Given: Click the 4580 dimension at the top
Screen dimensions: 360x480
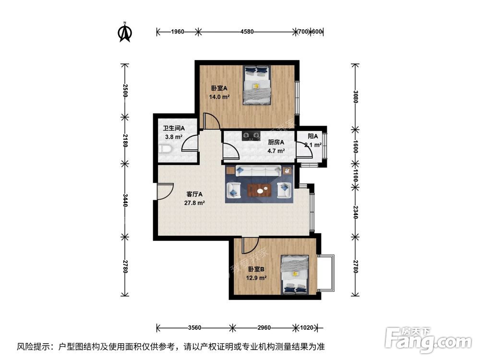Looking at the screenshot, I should coord(247,32).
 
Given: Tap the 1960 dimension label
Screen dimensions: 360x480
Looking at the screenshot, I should coord(178,32).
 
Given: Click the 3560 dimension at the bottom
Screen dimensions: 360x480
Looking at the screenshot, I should coord(194,328).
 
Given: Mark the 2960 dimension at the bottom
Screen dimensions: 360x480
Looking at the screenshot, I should coord(264,328).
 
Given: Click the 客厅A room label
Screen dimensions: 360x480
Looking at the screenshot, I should coord(194,194).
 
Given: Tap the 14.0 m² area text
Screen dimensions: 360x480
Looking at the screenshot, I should coord(218,96).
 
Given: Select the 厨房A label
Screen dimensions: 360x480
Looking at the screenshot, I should coord(276,142).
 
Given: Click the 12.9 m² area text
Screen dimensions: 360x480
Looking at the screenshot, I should coord(256,277).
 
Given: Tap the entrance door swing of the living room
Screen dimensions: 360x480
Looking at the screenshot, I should coord(164,191).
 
